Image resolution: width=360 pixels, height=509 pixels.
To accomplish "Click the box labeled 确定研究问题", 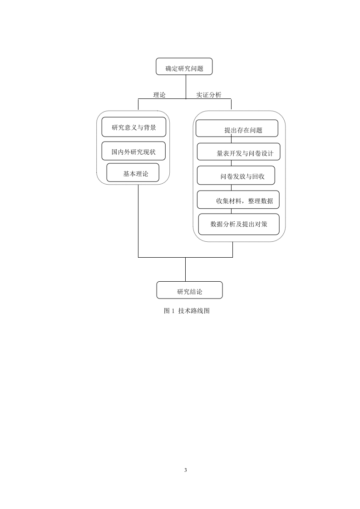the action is [184, 67].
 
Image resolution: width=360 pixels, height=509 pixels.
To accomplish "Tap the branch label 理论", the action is [159, 95].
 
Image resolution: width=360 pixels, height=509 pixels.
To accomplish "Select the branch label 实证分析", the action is [208, 95].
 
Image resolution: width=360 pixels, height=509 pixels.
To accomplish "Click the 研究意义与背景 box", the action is [134, 127].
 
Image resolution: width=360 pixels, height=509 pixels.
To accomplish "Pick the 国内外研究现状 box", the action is [133, 151].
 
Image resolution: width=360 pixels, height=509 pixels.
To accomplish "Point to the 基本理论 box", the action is [133, 173].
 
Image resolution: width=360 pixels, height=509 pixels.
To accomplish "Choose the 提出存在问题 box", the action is [237, 128].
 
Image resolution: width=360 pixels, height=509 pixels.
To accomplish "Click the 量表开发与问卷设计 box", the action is [238, 152].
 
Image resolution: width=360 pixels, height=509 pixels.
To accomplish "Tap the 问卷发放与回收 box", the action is [236, 175].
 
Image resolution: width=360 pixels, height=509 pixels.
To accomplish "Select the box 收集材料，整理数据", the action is [238, 200].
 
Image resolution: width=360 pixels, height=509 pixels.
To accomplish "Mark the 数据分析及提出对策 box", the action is [239, 224].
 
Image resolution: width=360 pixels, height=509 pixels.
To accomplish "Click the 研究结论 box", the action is [189, 290].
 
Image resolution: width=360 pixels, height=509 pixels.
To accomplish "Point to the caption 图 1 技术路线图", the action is [187, 311].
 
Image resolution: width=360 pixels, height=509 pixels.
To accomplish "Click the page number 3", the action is [186, 470].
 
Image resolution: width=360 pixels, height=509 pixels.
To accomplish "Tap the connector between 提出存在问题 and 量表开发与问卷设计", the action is [232, 140].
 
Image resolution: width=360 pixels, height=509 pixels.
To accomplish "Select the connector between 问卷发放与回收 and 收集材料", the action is [232, 188].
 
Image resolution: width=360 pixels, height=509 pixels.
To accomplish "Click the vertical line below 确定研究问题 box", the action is [186, 87].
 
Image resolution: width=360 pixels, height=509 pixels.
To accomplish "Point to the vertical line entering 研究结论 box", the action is [186, 269].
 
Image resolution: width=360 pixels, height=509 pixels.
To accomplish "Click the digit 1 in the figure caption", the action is [173, 311].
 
